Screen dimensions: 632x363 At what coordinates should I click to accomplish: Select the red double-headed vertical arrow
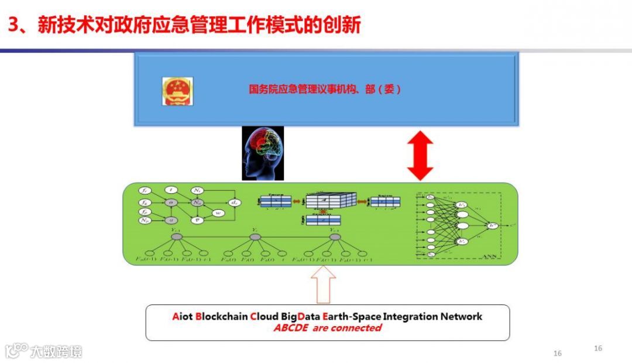pos(420,156)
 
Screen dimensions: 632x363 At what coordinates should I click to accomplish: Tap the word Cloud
pos(264,317)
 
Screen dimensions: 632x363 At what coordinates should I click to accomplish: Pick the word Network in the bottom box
pos(462,317)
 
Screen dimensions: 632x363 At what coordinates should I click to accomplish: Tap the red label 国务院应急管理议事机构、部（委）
pos(325,90)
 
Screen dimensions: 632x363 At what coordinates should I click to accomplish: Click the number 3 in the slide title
pos(13,25)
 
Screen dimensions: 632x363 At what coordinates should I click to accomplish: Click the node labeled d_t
pos(234,203)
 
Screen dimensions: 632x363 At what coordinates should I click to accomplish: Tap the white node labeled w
pos(217,213)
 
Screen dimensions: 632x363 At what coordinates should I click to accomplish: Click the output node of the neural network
pos(493,224)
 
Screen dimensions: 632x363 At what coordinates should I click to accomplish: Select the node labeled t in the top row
pos(171,190)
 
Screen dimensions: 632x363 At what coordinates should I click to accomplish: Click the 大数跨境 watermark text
pos(56,351)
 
